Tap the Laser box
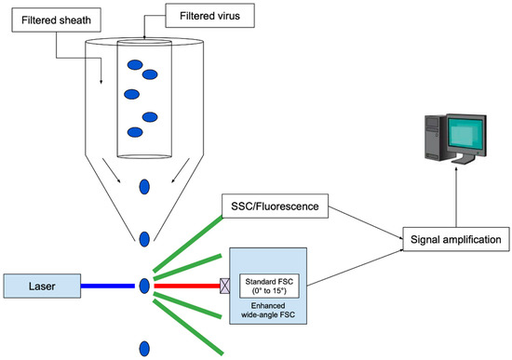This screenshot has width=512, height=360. [x=40, y=285]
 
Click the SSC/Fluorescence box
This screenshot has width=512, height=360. [x=269, y=205]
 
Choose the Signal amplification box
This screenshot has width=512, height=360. [x=455, y=239]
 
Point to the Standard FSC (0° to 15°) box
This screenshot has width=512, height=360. [x=273, y=283]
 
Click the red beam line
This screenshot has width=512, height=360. [x=186, y=285]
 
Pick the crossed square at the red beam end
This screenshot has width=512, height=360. [x=224, y=285]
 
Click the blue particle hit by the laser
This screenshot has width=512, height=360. [x=144, y=285]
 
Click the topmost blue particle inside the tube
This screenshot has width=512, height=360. [x=135, y=65]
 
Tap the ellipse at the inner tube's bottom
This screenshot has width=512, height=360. [x=143, y=153]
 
